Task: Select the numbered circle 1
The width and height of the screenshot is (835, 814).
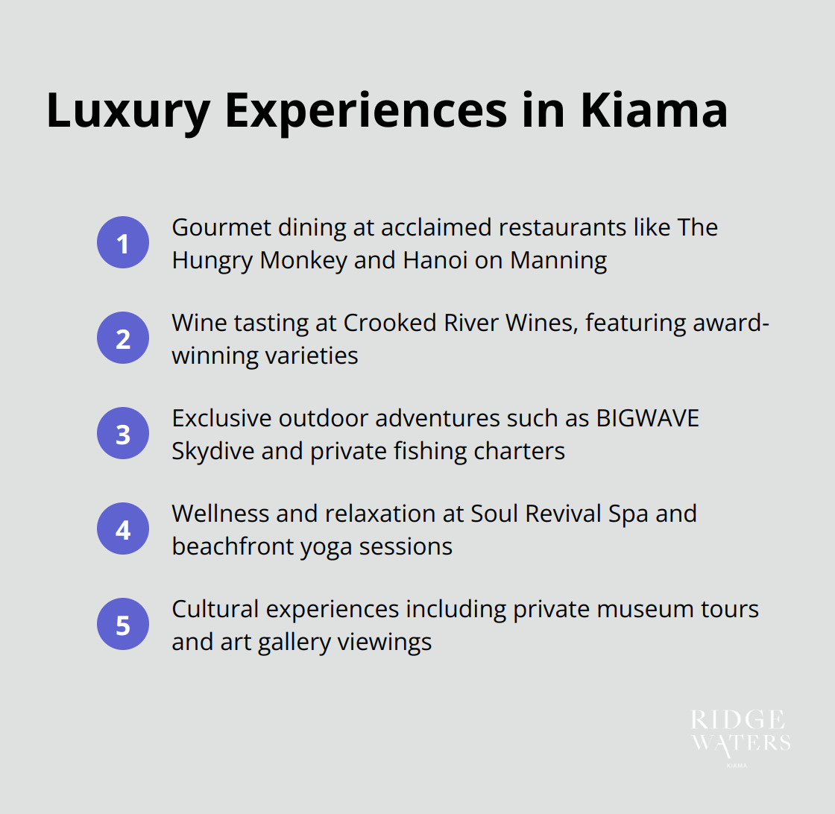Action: coord(123,243)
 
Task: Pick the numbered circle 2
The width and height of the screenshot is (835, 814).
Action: coord(123,338)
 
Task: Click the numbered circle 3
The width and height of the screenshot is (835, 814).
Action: coord(123,434)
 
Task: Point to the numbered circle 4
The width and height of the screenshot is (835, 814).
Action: coord(123,529)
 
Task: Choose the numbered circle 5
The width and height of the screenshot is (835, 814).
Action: coord(123,625)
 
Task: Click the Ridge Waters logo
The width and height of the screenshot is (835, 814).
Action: coord(740,735)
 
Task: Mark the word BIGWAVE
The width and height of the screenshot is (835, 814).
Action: coord(647,418)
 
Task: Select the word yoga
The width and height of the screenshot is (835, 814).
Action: coord(327,547)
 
